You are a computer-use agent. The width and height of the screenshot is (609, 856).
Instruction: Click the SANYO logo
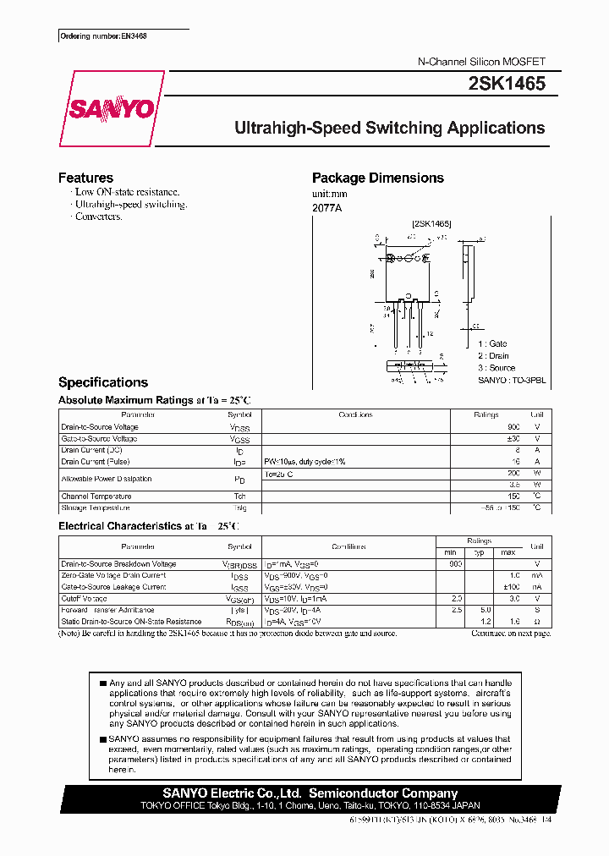pyautogui.click(x=111, y=109)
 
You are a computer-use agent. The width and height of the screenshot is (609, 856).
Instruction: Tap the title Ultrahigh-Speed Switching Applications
pyautogui.click(x=389, y=129)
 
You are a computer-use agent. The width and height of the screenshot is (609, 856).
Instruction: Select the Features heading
pyautogui.click(x=85, y=178)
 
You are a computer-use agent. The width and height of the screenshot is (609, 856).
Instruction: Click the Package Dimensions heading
pyautogui.click(x=377, y=178)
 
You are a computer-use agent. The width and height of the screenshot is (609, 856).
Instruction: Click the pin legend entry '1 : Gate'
pyautogui.click(x=492, y=344)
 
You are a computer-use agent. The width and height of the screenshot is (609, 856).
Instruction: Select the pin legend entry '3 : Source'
pyautogui.click(x=496, y=368)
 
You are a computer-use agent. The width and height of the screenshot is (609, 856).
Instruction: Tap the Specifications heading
pyautogui.click(x=102, y=382)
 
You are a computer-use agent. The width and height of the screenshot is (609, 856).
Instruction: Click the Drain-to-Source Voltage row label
pyautogui.click(x=99, y=427)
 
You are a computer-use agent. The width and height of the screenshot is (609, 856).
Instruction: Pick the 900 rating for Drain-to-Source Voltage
pyautogui.click(x=513, y=427)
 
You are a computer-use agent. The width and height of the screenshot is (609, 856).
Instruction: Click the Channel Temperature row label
pyautogui.click(x=96, y=497)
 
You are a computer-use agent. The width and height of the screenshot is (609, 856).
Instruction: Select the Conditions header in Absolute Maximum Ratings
pyautogui.click(x=355, y=415)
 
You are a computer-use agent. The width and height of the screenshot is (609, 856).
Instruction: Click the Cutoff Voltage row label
pyautogui.click(x=84, y=598)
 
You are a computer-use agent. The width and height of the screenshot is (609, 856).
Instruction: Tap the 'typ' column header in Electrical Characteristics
pyautogui.click(x=480, y=552)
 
